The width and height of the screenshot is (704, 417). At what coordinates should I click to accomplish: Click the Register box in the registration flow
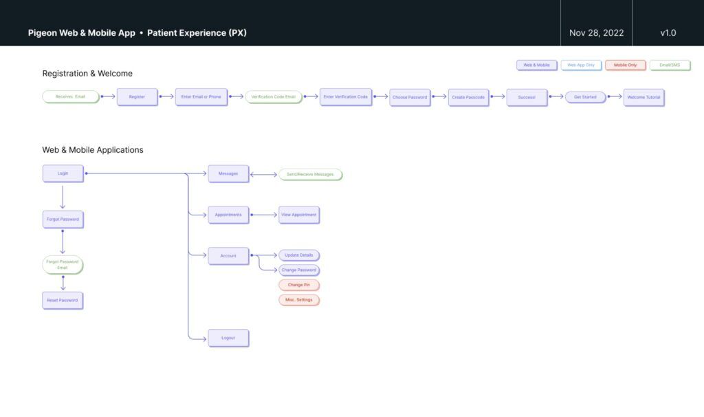point(137,97)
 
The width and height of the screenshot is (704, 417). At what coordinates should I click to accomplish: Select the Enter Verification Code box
point(345,97)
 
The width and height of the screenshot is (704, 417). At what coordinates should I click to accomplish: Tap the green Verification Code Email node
point(274,97)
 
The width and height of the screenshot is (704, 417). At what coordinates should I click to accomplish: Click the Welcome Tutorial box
point(643,97)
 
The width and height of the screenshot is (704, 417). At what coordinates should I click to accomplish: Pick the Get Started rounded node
point(585,97)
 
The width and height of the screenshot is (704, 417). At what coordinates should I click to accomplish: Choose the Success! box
point(527,97)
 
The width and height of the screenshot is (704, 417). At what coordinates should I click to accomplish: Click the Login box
point(63,173)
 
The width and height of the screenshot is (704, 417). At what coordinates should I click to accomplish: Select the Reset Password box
point(63,300)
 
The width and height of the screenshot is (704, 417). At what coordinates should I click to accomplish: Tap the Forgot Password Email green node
point(63,265)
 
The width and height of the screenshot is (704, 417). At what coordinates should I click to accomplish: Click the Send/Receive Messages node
point(310,174)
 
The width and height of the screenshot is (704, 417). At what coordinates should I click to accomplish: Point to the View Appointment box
point(299,215)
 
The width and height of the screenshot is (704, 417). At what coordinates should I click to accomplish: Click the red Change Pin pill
point(299,285)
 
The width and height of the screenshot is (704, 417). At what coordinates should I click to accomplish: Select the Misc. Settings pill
point(299,300)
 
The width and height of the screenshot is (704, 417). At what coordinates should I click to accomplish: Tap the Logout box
point(228,338)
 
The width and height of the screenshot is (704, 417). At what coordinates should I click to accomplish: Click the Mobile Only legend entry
point(625,65)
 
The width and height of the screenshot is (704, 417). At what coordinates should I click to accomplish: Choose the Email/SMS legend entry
point(670,65)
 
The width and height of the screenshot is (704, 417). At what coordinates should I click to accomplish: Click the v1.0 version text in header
point(668,32)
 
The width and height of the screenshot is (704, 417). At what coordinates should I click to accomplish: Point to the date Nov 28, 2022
point(596,32)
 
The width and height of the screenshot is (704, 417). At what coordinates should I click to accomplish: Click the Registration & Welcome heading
point(87,74)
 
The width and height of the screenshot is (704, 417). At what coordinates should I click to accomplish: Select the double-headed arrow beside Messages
point(263,174)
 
